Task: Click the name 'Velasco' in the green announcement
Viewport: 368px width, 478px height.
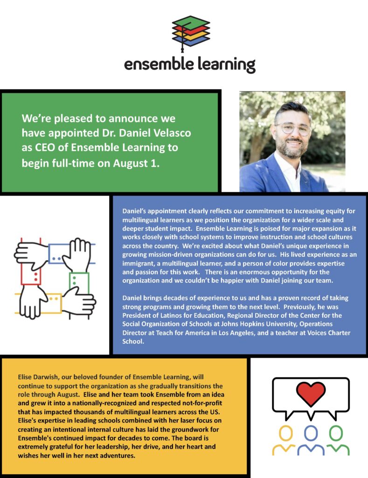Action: (172, 133)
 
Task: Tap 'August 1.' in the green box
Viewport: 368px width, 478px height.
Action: (136, 163)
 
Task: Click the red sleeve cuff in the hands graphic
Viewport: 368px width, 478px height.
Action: (31, 274)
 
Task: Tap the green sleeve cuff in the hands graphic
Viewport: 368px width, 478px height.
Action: (79, 282)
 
